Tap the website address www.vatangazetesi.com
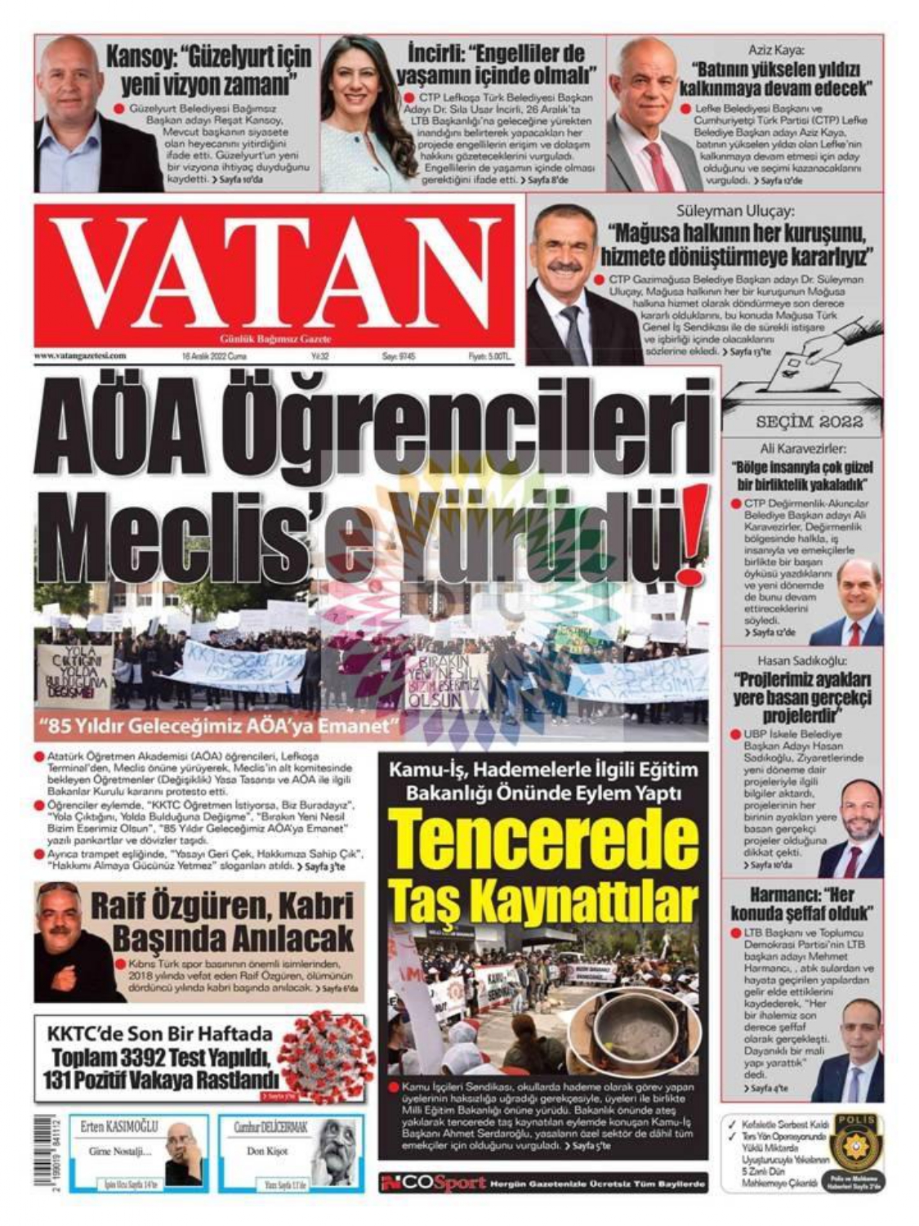point(80,356)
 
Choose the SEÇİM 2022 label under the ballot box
point(809,423)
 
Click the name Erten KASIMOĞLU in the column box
point(119,1127)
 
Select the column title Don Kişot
point(267,1151)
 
